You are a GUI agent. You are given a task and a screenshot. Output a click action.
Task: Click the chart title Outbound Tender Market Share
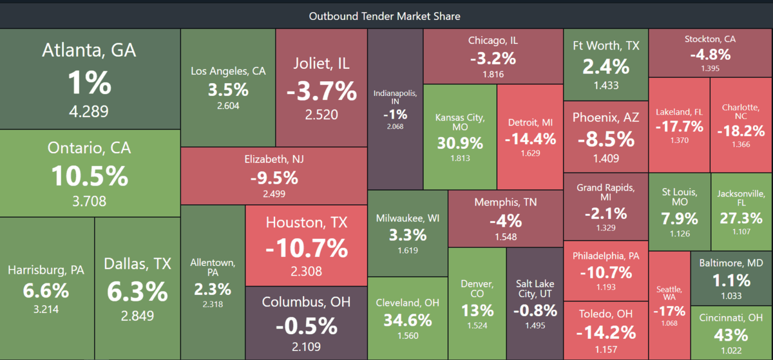[x=385, y=16]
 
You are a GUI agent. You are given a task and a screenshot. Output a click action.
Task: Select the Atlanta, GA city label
[x=89, y=50]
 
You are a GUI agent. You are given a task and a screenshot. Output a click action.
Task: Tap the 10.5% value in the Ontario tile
[x=90, y=176]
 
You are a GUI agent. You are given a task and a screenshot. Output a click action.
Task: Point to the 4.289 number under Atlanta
[x=89, y=111]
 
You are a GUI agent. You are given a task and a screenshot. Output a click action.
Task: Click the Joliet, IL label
[x=321, y=64]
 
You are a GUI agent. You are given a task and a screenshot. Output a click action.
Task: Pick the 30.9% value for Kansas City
[x=460, y=143]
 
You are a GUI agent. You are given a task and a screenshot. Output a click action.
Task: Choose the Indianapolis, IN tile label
[x=395, y=97]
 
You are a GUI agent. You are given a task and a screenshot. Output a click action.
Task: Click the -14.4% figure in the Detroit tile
[x=530, y=139]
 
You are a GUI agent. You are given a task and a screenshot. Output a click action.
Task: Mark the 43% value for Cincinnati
[x=731, y=335]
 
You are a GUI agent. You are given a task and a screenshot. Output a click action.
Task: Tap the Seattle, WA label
[x=669, y=293]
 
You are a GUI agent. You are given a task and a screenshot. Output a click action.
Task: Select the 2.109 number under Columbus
[x=306, y=346]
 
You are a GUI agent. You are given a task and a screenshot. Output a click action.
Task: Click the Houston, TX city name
[x=307, y=223]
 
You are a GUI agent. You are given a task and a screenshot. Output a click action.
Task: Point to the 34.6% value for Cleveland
[x=408, y=320]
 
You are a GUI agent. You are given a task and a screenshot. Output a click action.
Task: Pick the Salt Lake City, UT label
[x=535, y=289]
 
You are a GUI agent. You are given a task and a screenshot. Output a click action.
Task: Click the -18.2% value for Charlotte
[x=741, y=131]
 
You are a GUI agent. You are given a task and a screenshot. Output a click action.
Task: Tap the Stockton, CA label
[x=710, y=39]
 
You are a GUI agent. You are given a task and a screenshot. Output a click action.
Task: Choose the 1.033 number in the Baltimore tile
[x=731, y=296]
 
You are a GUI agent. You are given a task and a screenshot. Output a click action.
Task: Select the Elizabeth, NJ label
[x=274, y=160]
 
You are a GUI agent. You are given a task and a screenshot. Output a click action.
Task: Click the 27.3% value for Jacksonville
[x=741, y=218]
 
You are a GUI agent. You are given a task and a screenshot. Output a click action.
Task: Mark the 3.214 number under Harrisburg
[x=46, y=309]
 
